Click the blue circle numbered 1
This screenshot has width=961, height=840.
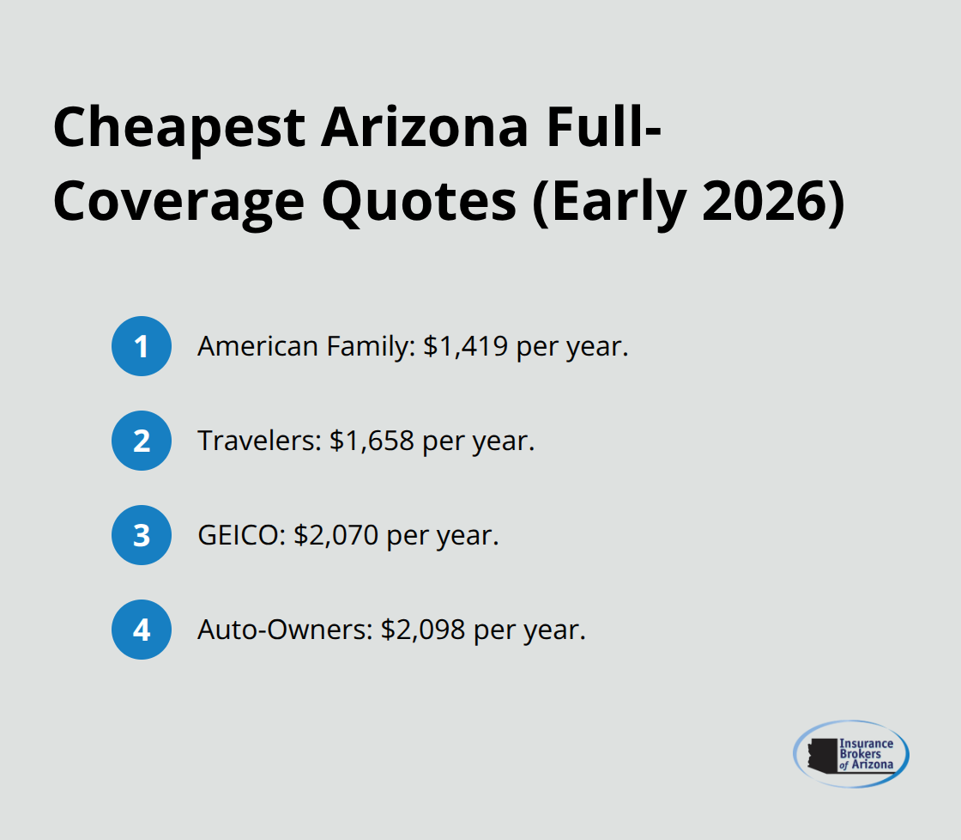tap(142, 346)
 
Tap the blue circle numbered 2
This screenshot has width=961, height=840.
tap(142, 441)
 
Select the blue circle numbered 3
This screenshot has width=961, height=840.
tap(142, 535)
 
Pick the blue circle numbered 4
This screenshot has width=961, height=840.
tap(142, 630)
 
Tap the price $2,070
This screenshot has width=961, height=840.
tap(336, 536)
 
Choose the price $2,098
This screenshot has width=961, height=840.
tap(423, 630)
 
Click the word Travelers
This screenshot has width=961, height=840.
tap(254, 441)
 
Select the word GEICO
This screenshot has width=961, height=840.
tap(237, 536)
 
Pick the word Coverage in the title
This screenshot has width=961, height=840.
tap(178, 203)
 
